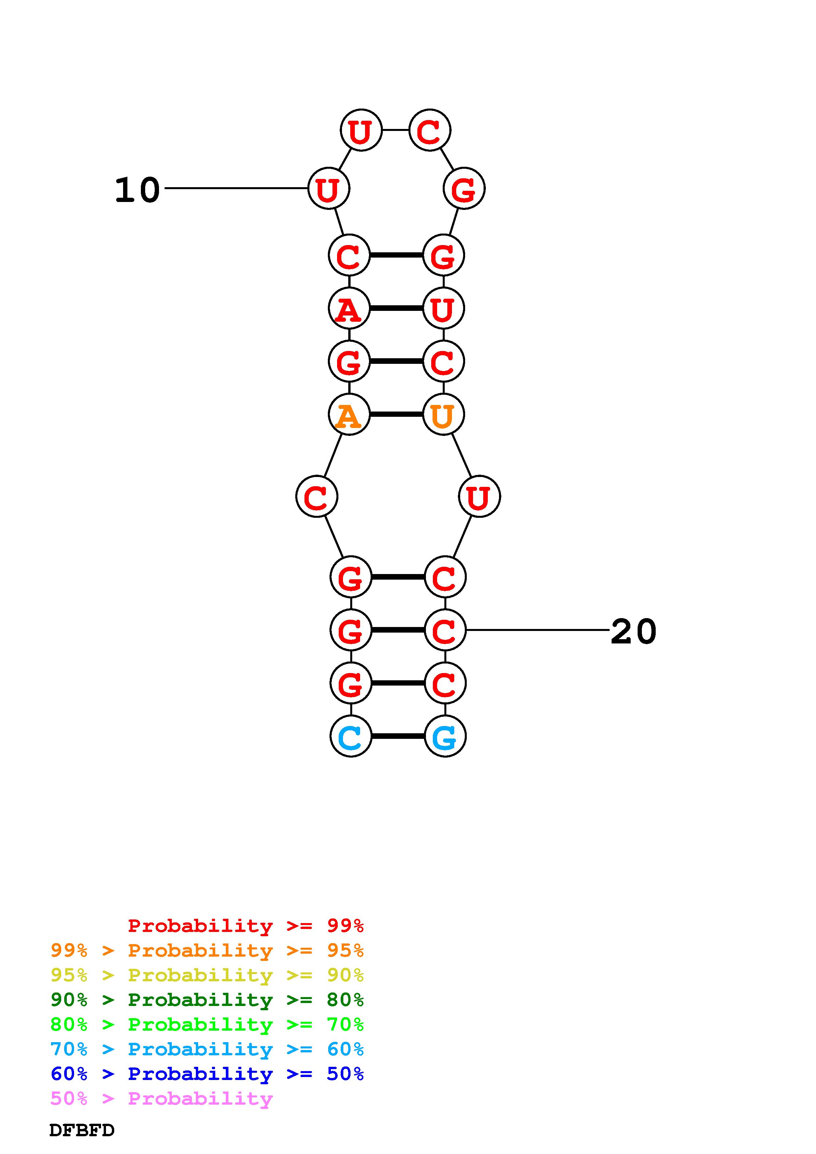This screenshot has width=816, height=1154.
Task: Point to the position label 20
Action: coord(633,631)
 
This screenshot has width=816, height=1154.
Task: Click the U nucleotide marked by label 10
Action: coord(328,188)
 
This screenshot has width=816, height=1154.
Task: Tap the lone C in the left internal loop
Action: coord(316,497)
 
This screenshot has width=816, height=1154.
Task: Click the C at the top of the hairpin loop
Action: coord(429,130)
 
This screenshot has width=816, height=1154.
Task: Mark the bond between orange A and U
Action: coord(396,414)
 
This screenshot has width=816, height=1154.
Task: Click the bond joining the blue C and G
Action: coord(398,736)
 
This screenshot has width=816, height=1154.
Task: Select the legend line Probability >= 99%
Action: coord(245,925)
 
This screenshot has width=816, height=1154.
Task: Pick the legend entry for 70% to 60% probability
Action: coord(207,1049)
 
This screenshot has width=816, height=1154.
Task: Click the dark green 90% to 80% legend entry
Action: coord(207,1000)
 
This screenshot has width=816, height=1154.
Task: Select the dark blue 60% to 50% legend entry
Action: coord(207,1074)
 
